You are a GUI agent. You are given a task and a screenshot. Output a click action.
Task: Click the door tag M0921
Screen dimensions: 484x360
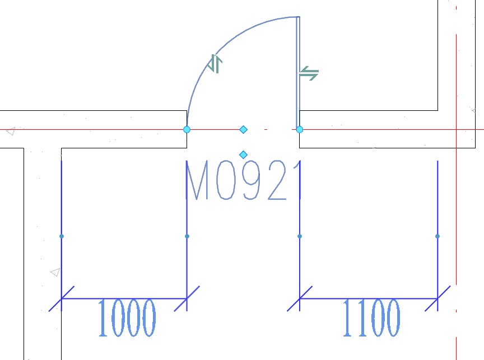click(x=244, y=180)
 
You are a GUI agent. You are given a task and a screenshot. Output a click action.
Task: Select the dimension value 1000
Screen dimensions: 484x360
click(x=127, y=318)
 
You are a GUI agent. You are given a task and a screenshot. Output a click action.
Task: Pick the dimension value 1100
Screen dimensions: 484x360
click(x=371, y=318)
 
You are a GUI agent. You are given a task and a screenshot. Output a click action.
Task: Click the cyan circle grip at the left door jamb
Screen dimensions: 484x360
click(x=187, y=129)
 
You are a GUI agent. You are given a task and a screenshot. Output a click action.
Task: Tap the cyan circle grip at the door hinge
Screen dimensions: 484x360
click(x=299, y=129)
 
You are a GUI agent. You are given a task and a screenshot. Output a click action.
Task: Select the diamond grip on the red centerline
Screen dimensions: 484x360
click(x=243, y=129)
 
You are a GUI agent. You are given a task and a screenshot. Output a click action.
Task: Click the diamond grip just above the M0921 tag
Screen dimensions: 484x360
click(x=243, y=155)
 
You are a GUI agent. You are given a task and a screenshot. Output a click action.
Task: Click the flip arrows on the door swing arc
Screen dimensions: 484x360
click(x=215, y=64)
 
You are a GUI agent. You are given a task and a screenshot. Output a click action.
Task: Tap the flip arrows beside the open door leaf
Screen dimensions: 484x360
click(x=309, y=73)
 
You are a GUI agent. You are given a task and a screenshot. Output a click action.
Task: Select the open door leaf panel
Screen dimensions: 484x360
click(x=298, y=73)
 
